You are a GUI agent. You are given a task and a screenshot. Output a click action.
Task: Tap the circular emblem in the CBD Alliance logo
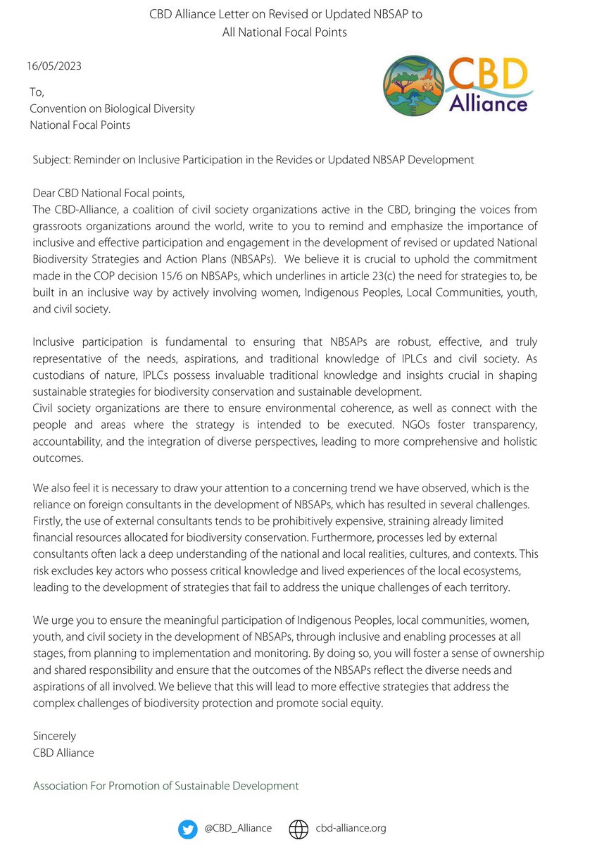point(413,86)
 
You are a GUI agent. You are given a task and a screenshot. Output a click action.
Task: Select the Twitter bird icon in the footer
point(187,829)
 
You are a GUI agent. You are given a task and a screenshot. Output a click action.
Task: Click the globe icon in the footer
point(299,829)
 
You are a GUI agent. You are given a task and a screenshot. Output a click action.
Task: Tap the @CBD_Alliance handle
point(238,829)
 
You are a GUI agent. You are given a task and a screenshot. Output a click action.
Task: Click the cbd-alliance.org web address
point(351,829)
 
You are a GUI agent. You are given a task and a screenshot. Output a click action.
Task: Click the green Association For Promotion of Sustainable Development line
point(165,786)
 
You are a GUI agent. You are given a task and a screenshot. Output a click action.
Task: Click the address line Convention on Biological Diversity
point(112,108)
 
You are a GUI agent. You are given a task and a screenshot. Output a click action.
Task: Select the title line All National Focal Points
point(298,32)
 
